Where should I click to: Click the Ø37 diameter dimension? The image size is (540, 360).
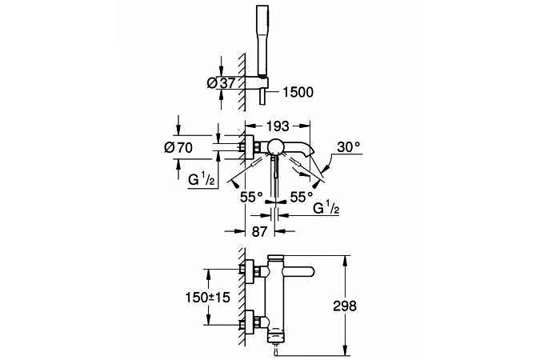221,83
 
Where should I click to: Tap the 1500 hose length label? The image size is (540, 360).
298,92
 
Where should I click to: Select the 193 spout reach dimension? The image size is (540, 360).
278,126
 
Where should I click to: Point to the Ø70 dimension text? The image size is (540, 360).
178,148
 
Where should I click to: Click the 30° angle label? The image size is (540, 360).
349,147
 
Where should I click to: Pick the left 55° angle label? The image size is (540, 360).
251,197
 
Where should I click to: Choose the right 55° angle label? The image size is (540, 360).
302,197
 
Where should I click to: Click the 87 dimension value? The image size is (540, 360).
259,231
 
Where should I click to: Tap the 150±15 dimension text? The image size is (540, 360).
208,297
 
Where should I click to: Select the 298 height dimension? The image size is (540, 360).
345,306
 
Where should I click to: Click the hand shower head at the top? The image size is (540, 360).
262,40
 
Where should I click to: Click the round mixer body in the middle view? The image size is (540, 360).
277,147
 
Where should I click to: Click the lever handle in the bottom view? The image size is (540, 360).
298,271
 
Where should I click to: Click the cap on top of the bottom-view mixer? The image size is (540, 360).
275,258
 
